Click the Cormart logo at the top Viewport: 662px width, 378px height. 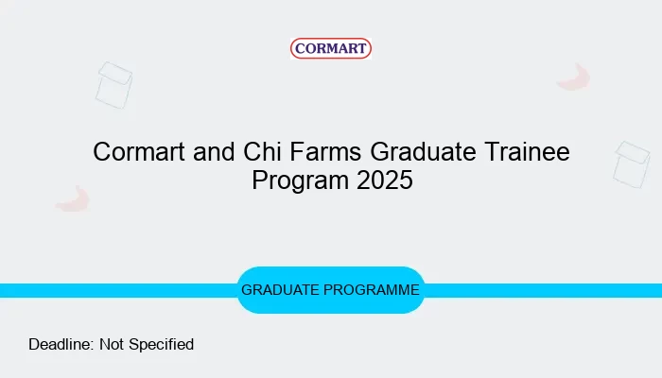pyautogui.click(x=331, y=48)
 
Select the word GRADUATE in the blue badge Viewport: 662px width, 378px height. pyautogui.click(x=279, y=290)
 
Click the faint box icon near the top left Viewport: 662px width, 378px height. pyautogui.click(x=114, y=85)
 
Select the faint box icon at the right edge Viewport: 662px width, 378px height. pyautogui.click(x=631, y=164)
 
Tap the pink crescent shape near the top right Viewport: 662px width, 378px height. pyautogui.click(x=574, y=77)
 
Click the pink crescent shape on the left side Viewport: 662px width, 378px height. pyautogui.click(x=72, y=198)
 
